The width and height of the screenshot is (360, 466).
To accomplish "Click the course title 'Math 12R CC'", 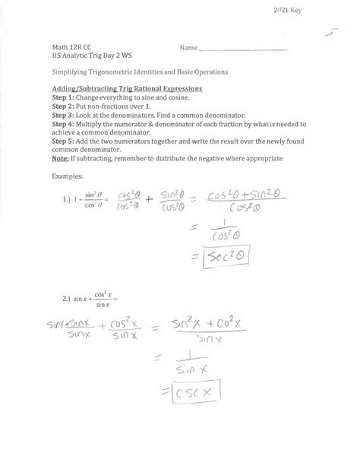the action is point(71,48).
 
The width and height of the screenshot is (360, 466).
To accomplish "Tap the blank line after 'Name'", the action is point(243,50).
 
